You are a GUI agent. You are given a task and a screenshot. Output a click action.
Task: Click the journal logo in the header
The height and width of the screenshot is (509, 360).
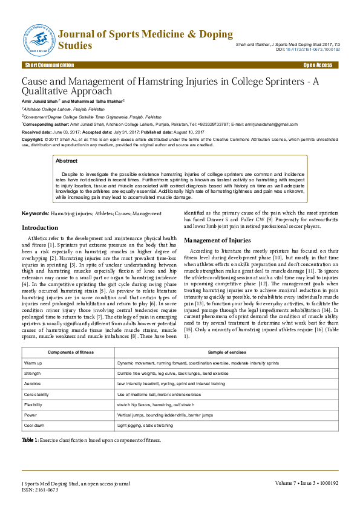tap(39, 39)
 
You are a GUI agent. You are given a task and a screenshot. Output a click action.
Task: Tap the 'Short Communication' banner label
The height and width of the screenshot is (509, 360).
tap(50, 65)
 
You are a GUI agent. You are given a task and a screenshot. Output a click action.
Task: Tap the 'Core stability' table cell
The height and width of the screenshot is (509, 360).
tap(37, 394)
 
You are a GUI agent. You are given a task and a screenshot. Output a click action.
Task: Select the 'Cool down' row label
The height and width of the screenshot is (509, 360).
tap(35, 426)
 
